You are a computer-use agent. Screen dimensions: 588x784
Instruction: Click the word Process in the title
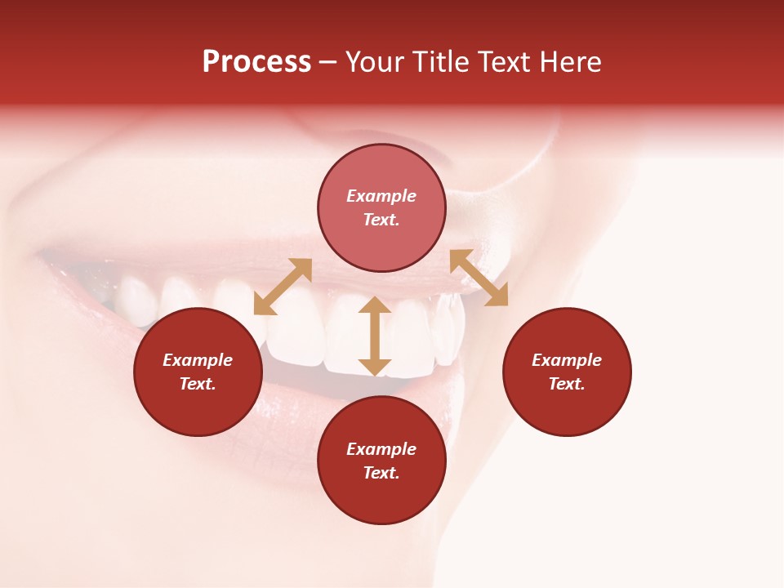[x=256, y=62]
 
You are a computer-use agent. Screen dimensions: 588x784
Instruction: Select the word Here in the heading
[x=571, y=62]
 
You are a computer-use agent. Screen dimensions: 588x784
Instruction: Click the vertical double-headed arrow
[x=375, y=336]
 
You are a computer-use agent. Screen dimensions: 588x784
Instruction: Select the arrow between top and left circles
[x=283, y=287]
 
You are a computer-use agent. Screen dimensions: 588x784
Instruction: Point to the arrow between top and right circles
[x=479, y=278]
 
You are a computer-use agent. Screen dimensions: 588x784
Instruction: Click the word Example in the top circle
[x=381, y=196]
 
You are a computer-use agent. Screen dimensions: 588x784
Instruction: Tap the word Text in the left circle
[x=198, y=384]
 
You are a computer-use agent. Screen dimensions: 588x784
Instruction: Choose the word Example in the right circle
[x=567, y=360]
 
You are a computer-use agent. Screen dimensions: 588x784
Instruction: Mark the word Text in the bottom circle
[x=381, y=473]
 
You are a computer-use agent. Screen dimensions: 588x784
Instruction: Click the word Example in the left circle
[x=198, y=360]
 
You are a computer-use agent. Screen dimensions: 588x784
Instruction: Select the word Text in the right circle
[x=567, y=384]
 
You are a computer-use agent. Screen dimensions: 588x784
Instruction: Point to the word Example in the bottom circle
[x=381, y=449]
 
